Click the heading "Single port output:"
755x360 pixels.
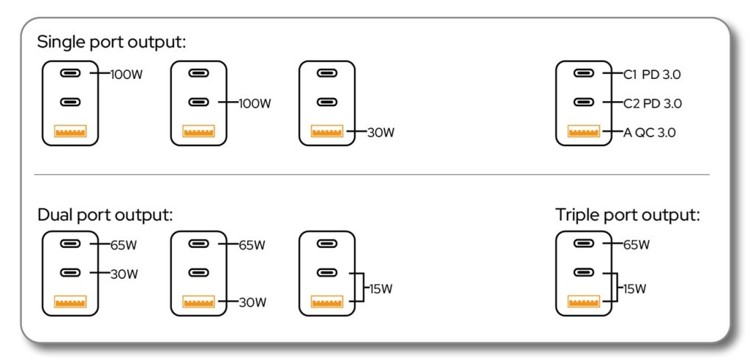click(111, 42)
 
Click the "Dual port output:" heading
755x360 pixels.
click(105, 215)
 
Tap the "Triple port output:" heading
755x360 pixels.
click(627, 215)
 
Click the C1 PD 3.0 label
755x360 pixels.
click(652, 75)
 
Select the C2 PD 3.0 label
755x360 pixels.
click(653, 103)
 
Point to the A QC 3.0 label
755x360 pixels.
click(649, 133)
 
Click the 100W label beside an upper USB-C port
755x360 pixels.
click(127, 75)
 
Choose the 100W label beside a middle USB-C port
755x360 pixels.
click(255, 103)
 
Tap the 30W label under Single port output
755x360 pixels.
click(380, 133)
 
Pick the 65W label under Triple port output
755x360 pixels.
click(636, 245)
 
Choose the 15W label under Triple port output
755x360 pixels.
click(635, 289)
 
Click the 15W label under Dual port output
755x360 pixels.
click(380, 289)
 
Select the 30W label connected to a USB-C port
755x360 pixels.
click(124, 274)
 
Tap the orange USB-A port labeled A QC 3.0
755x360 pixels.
click(584, 131)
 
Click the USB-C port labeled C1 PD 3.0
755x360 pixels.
click(584, 73)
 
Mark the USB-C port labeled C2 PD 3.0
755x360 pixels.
click(584, 102)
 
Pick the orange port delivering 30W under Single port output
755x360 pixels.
click(327, 131)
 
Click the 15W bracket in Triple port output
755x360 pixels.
click(617, 287)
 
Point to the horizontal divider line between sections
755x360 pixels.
click(372, 174)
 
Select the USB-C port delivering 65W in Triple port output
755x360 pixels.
click(584, 243)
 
